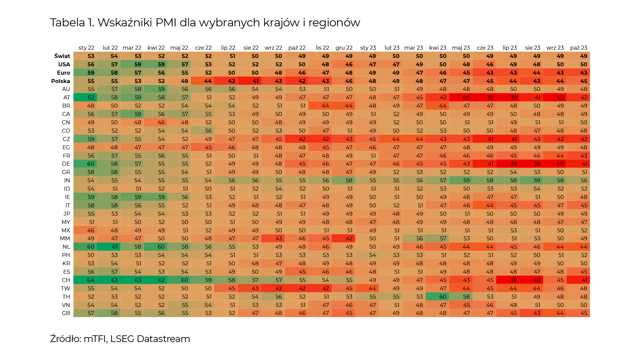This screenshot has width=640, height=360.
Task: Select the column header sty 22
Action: click(86, 48)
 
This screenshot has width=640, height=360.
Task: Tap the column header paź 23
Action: click(579, 48)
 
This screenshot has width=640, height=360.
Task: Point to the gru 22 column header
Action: click(344, 48)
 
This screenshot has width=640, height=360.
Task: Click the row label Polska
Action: click(60, 81)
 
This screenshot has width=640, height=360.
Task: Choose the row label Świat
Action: click(62, 56)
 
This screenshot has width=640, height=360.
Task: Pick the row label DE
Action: click(66, 164)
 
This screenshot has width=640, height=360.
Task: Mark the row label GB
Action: click(66, 313)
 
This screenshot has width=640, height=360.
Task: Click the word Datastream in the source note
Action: click(163, 339)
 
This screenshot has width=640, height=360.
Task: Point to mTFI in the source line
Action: click(95, 339)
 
